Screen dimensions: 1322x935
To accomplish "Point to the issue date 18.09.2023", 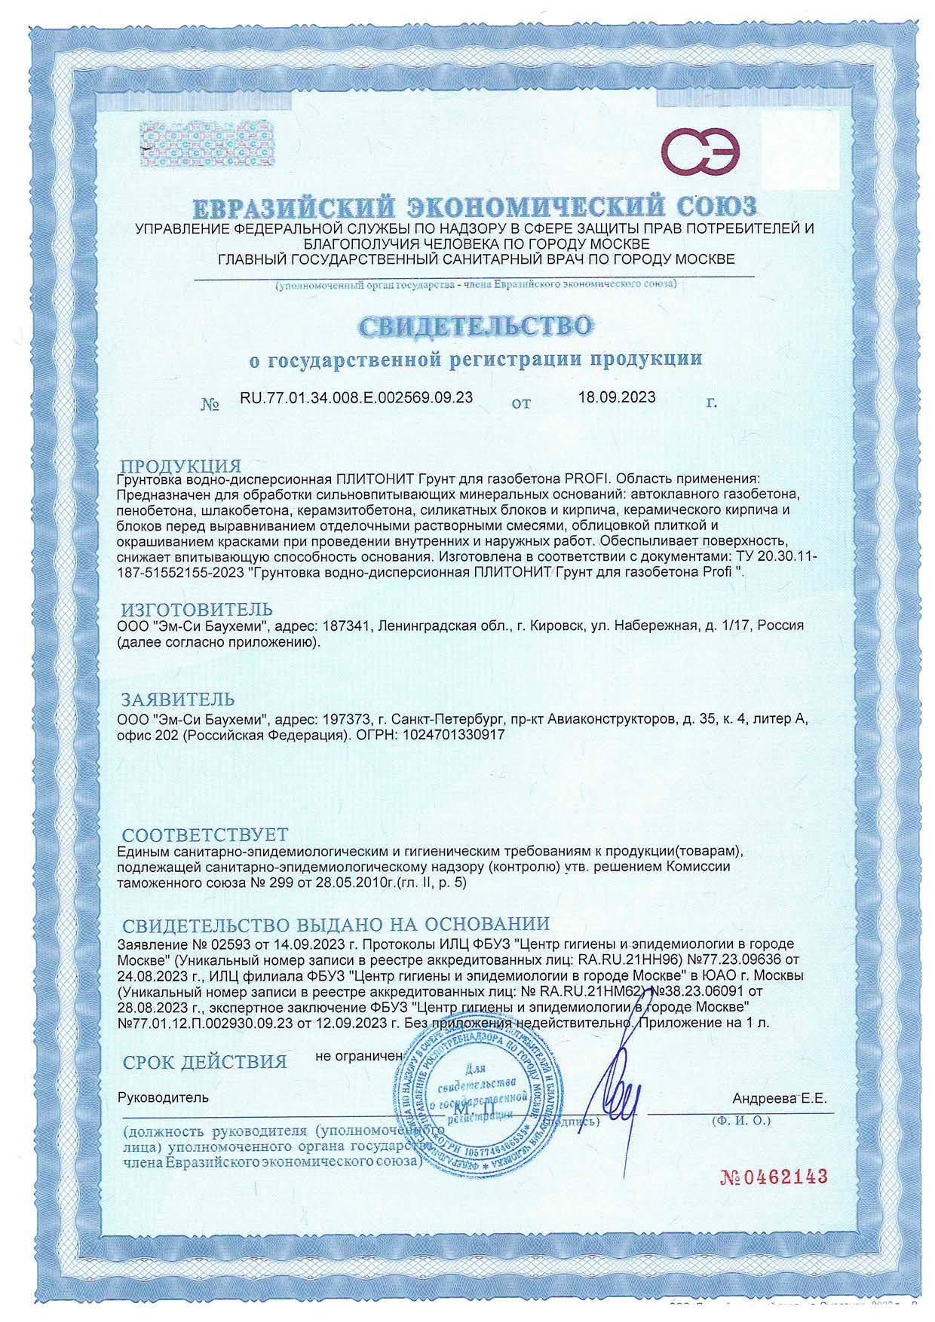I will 617,397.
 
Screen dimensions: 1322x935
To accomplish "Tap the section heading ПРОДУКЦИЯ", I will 181,466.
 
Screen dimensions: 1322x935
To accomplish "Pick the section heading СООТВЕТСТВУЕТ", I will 205,834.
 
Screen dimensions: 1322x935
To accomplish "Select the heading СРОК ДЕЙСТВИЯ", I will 205,1063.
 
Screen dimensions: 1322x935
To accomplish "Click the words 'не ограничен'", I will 360,1056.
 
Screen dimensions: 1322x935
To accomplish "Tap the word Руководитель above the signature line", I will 163,1098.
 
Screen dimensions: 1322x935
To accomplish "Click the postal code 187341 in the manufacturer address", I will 345,626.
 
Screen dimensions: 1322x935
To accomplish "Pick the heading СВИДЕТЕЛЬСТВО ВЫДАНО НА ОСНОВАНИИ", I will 336,924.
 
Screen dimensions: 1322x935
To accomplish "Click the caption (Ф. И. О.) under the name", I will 740,1122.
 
